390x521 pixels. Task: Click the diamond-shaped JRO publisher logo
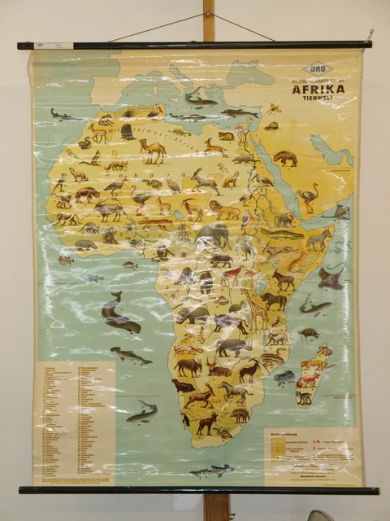317,71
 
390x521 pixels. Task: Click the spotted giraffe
257,308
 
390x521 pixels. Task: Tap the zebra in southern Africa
236,392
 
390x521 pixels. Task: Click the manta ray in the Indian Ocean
331,278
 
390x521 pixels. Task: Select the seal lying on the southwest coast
184,384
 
